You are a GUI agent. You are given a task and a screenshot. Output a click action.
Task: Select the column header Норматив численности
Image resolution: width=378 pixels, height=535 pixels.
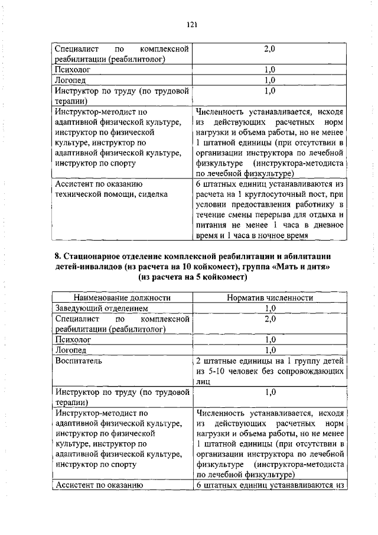[270, 298]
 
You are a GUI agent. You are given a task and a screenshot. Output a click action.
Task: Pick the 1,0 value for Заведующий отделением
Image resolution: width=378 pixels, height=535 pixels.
[270, 308]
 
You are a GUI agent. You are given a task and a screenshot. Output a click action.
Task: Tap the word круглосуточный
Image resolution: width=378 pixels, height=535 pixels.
[268, 193]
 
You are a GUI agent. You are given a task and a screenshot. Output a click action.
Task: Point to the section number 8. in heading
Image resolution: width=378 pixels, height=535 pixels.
[58, 256]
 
